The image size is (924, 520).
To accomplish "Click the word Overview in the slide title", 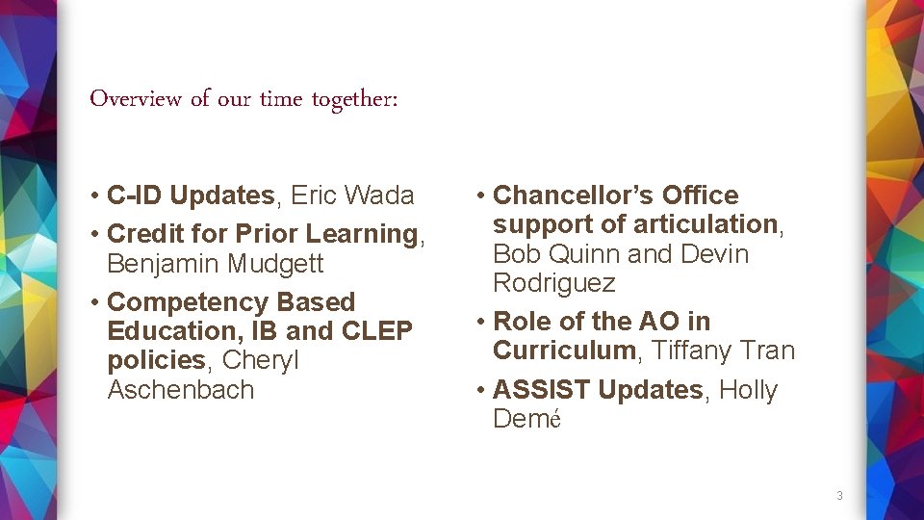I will (136, 99).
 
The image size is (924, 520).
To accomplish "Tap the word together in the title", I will (349, 100).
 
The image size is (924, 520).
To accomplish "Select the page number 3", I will (839, 496).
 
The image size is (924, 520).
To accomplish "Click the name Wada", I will (379, 195).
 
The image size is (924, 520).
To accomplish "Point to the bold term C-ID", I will (135, 195).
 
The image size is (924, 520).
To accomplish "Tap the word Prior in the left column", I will (267, 234).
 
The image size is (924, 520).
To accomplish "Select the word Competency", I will (184, 302).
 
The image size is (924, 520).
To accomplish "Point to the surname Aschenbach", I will (181, 390).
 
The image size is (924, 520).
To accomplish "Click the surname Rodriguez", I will (554, 283).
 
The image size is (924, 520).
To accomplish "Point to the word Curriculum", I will (564, 351).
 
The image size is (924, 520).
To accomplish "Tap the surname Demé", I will (526, 419).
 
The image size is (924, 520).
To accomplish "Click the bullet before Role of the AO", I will (479, 323).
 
